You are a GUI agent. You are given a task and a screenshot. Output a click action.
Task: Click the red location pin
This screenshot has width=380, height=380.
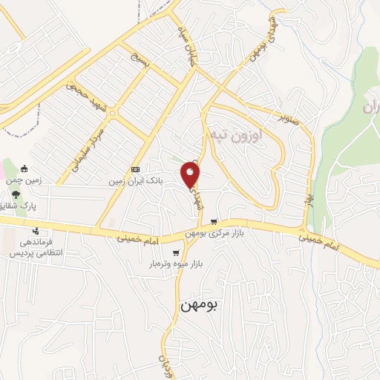191,175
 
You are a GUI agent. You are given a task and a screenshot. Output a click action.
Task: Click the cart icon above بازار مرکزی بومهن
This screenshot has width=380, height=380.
214,221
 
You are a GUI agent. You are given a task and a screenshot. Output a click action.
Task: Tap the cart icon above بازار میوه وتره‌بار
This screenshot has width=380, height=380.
176,253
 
